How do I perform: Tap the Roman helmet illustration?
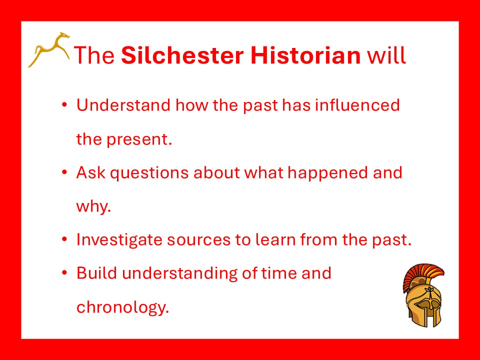pyautogui.click(x=423, y=295)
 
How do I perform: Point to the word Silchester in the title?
pyautogui.click(x=182, y=55)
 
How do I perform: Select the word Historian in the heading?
pyautogui.click(x=306, y=55)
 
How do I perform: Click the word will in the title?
pyautogui.click(x=386, y=55)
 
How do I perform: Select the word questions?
pyautogui.click(x=149, y=173)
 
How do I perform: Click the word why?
pyautogui.click(x=93, y=206)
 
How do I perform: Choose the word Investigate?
pyautogui.click(x=119, y=239)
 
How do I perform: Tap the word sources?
pyautogui.click(x=198, y=240)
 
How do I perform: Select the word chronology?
pyautogui.click(x=123, y=306)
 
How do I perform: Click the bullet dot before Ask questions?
pyautogui.click(x=64, y=172)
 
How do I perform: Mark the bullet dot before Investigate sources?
pyautogui.click(x=64, y=239)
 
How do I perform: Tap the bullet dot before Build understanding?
pyautogui.click(x=64, y=272)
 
